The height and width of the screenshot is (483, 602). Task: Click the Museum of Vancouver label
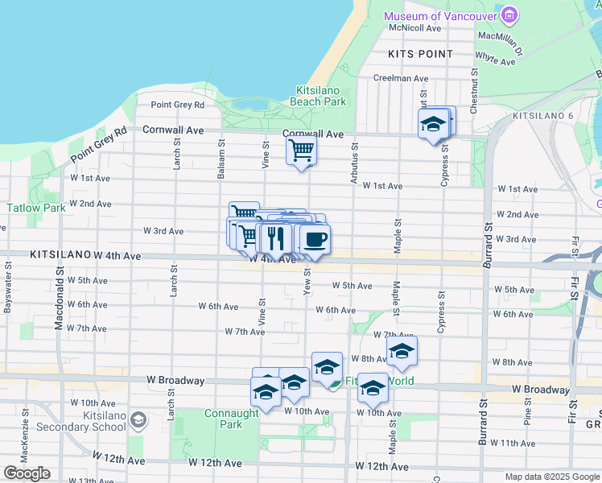[x=441, y=17]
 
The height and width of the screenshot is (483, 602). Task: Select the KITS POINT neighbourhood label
[x=420, y=54]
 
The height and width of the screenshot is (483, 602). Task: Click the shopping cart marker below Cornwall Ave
[x=301, y=150]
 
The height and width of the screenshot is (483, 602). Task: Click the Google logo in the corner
[x=27, y=473]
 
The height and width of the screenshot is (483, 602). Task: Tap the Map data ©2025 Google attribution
[x=552, y=477]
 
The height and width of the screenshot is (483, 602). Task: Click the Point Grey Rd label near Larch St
[x=178, y=105]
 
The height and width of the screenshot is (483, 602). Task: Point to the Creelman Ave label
[x=400, y=78]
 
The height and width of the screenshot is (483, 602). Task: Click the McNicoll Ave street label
[x=415, y=27]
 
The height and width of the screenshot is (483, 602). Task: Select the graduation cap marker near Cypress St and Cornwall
[x=433, y=125]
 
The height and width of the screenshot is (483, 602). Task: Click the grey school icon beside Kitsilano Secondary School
[x=138, y=419]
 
